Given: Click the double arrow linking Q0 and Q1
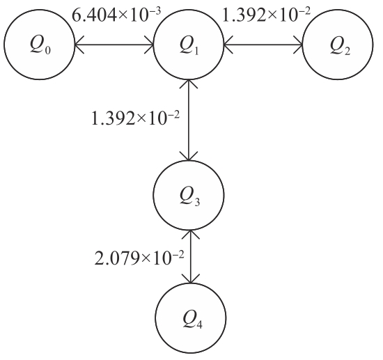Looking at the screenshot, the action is pos(114,45).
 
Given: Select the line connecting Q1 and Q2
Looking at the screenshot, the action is pos(263,45).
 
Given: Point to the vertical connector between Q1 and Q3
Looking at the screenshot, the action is pos(188,120).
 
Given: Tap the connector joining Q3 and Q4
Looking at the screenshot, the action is pos(190,257).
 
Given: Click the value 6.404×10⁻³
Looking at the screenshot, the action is pos(116,15).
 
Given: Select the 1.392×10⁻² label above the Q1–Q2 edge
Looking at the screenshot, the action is pos(266,15).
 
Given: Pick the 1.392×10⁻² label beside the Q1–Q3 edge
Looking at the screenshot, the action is pos(135,118).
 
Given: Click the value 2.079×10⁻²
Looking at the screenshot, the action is pos(139,258).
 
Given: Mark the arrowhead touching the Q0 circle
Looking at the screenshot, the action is pos(79,45).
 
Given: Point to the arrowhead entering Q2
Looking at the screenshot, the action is pos(299,45).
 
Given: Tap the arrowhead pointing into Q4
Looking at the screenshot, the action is pos(190,279).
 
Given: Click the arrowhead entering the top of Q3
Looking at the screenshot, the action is pos(188,156).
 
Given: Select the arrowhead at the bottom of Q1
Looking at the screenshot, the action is pos(188,84).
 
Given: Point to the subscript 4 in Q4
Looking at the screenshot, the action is pos(199,324).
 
